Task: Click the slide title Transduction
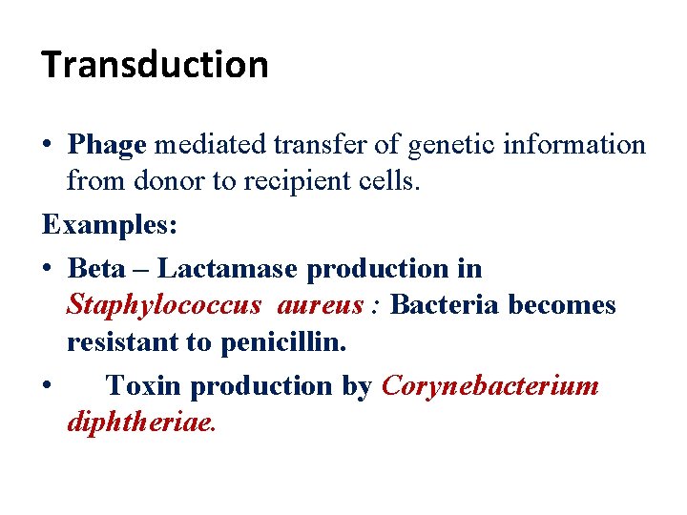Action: click(156, 65)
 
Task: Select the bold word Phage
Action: click(107, 145)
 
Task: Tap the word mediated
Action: click(210, 145)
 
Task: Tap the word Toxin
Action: click(144, 385)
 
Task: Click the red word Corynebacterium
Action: click(489, 385)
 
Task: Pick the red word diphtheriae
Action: click(141, 422)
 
